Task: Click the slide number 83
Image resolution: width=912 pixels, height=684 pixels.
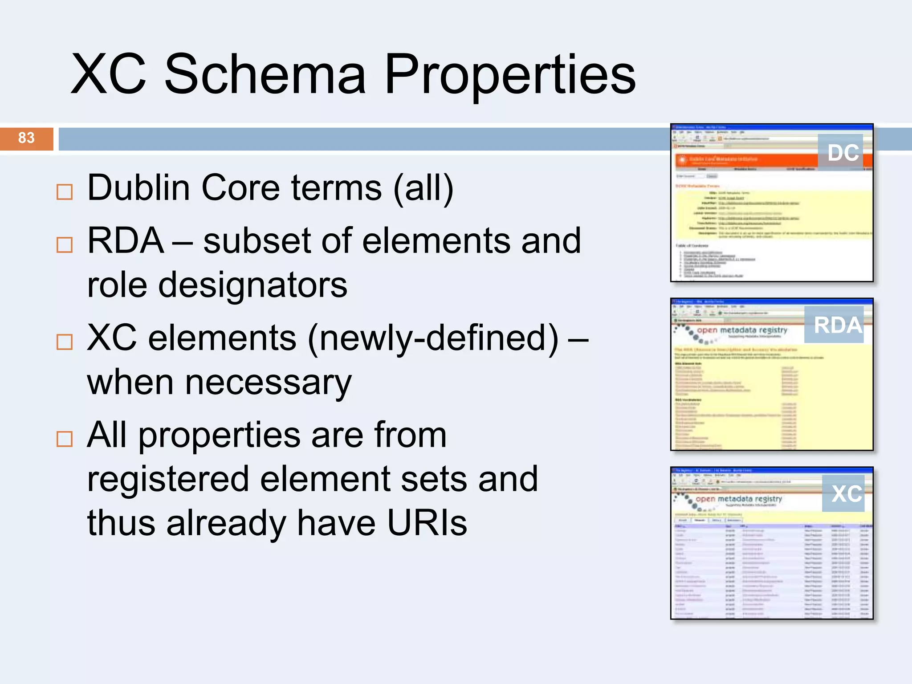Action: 26,138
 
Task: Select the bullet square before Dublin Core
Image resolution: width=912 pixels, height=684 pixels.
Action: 65,192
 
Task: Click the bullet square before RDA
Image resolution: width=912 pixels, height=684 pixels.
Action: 65,244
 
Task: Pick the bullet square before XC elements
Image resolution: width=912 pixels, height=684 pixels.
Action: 65,342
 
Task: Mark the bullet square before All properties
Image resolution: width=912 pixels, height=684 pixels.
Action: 65,439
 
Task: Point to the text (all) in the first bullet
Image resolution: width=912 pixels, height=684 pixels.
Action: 423,188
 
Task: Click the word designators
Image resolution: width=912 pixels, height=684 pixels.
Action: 252,285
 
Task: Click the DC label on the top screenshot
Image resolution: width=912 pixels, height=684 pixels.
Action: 843,153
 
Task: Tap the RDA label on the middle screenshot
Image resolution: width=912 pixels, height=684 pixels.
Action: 837,325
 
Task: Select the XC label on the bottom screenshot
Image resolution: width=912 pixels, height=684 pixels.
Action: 846,494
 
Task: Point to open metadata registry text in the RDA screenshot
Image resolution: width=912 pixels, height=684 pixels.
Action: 741,330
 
